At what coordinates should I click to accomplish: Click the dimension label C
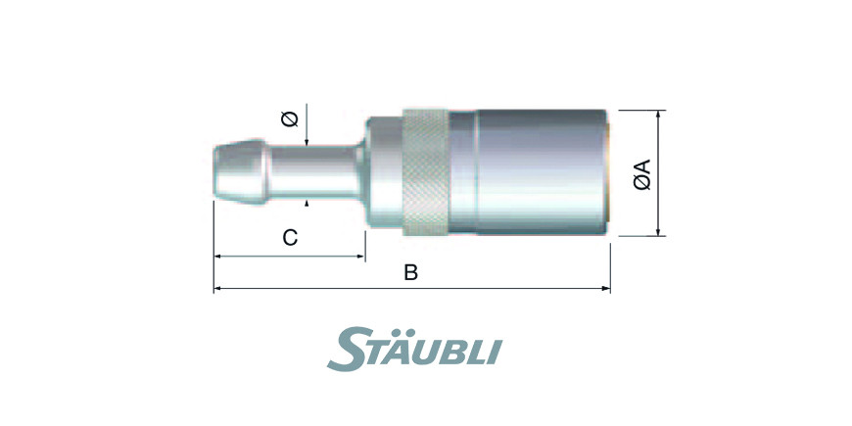click(x=290, y=237)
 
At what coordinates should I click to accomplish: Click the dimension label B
click(x=410, y=273)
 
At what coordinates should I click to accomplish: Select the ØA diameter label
click(x=642, y=174)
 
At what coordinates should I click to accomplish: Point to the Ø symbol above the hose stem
click(x=290, y=118)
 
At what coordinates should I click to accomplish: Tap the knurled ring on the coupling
click(x=425, y=172)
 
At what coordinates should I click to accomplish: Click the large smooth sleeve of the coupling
click(x=542, y=172)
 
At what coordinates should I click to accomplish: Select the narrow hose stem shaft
click(x=315, y=171)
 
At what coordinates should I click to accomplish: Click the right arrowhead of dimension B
click(x=606, y=289)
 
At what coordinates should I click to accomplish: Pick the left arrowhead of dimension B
click(x=217, y=289)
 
